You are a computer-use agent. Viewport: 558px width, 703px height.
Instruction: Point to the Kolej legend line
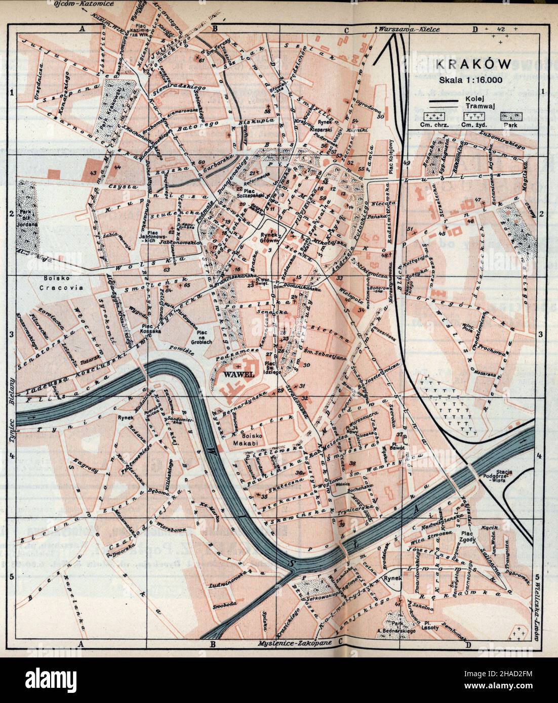coord(445,101)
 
